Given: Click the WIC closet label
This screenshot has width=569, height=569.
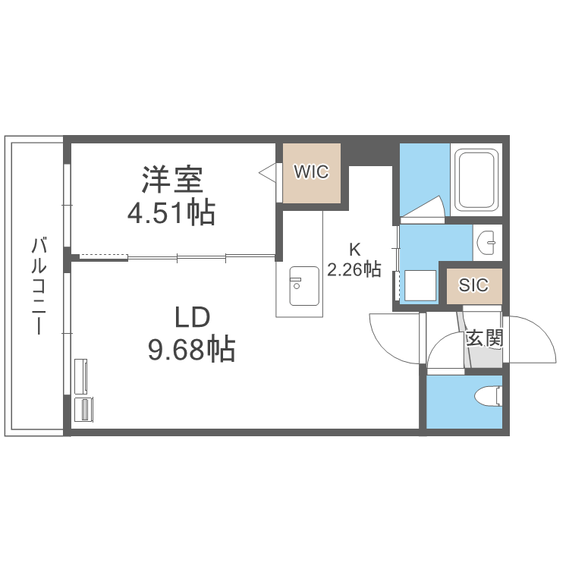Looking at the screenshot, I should coord(311,172).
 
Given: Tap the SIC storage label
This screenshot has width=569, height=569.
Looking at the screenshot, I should coord(473,286).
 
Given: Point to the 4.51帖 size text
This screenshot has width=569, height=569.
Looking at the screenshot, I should coord(171,213).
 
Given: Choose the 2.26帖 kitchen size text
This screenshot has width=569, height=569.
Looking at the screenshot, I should coord(354,269).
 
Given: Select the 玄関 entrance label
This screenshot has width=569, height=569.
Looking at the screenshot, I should coord(484,338).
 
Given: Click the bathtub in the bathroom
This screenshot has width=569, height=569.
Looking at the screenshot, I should coord(476,181).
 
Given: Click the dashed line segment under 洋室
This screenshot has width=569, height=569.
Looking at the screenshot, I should coord(102,255).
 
